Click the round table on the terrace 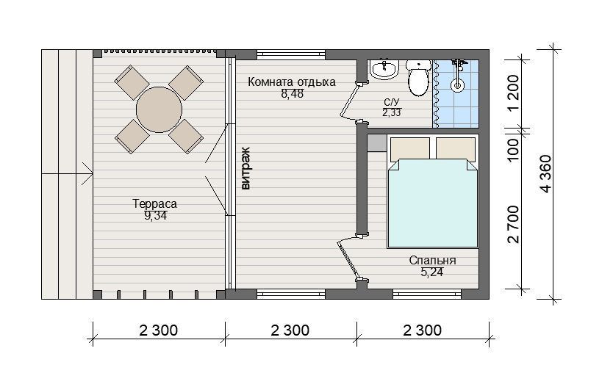(x=159, y=109)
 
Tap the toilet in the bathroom (x=418, y=78)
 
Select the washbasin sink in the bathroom (x=384, y=69)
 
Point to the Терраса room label (x=154, y=203)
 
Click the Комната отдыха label (x=292, y=82)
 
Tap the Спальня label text (x=432, y=261)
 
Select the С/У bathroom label (x=391, y=102)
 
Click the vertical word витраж (x=245, y=168)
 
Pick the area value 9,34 (x=155, y=215)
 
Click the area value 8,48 (x=292, y=94)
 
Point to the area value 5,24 (x=431, y=272)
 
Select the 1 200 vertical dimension (x=513, y=93)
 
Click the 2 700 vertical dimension (x=513, y=224)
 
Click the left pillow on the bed (x=409, y=148)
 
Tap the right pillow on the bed (x=456, y=148)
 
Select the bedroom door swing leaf (x=348, y=260)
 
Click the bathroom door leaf (x=348, y=100)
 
